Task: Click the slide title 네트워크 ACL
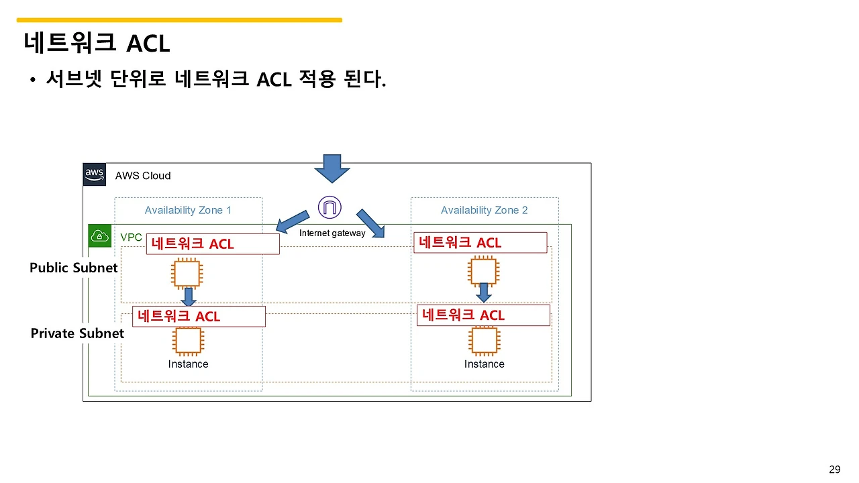(97, 43)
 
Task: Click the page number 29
(834, 470)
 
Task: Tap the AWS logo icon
(95, 174)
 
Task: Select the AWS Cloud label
(143, 176)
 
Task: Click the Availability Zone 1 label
(188, 210)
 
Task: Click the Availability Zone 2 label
(484, 210)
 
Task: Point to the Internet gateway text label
(332, 233)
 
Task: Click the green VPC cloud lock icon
(100, 236)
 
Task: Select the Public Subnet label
(74, 268)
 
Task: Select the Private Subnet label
(77, 333)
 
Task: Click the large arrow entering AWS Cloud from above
(332, 168)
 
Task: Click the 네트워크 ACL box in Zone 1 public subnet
(212, 244)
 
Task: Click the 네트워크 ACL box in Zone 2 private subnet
(483, 315)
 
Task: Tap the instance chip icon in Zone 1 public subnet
(187, 274)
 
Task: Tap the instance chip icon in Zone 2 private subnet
(484, 341)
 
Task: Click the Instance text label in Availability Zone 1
(188, 364)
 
